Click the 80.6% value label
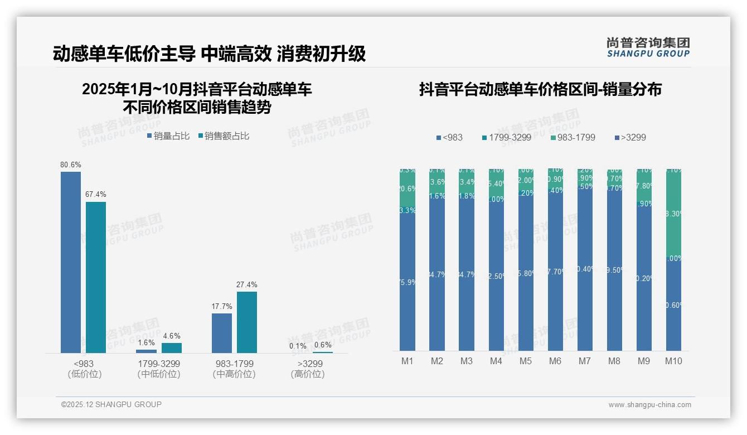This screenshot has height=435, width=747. [71, 165]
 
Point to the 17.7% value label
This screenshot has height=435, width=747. [222, 306]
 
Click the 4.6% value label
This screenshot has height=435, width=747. [172, 336]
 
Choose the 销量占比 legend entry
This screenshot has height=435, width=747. [168, 136]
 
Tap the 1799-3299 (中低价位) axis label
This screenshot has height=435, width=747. [159, 369]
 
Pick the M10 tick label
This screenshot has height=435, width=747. [673, 361]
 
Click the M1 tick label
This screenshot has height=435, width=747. [408, 361]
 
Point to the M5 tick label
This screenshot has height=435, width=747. [526, 361]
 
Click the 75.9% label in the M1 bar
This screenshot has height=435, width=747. [408, 283]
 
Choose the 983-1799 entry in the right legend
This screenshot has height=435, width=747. [573, 137]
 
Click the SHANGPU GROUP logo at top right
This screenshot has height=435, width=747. [648, 47]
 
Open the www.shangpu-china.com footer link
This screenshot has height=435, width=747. [649, 405]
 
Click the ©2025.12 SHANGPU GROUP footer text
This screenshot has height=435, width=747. [111, 404]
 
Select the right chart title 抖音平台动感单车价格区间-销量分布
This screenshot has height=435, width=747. [540, 89]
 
